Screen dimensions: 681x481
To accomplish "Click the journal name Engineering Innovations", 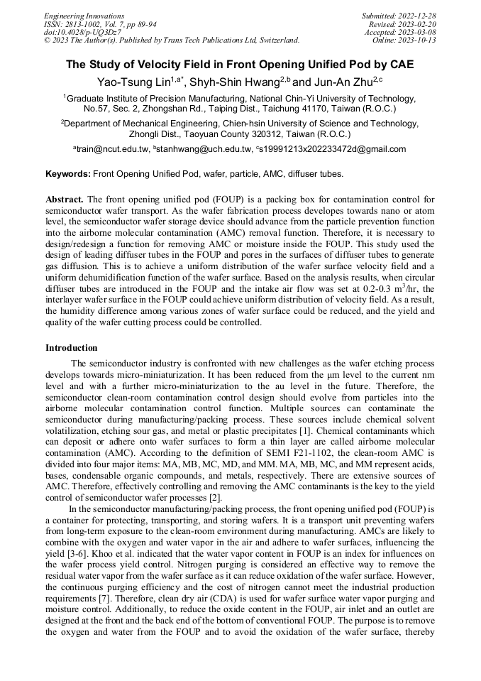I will point(84,16).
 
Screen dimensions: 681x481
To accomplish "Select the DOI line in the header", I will point(82,33).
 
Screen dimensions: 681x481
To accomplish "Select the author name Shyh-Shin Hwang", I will point(233,82).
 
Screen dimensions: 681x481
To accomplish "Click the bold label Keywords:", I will point(67,174).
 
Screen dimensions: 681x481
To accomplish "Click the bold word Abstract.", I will point(65,200).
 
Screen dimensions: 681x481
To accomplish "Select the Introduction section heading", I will point(72,348).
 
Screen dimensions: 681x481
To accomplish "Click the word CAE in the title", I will point(400,65).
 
